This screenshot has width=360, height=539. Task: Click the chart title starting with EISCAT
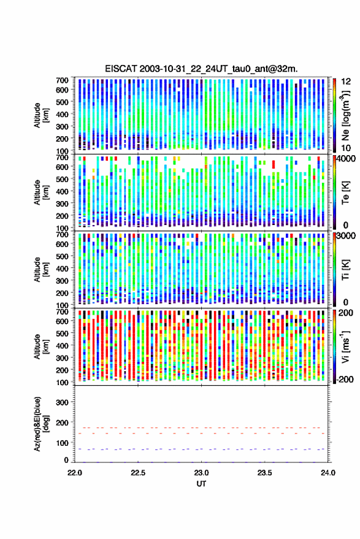coord(201,69)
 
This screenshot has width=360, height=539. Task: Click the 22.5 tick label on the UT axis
coord(138,473)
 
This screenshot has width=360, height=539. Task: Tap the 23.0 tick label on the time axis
coord(201,473)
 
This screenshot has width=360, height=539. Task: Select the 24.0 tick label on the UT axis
coord(327,473)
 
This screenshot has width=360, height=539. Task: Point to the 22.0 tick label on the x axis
coord(75,473)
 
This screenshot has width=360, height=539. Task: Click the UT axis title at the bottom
coord(201,484)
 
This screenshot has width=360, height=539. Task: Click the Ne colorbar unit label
coord(345,115)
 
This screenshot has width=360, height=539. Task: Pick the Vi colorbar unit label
coord(345,346)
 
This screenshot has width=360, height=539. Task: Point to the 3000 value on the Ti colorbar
coord(346,235)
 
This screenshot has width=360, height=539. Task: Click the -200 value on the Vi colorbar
coord(345,379)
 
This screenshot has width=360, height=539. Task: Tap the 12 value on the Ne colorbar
coord(346,81)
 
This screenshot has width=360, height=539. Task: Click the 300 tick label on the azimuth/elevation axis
coord(62,402)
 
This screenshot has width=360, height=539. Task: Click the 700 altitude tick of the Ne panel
coord(62,80)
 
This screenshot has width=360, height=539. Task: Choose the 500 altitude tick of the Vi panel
coord(62,333)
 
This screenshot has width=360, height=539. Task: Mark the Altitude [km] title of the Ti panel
coord(41,270)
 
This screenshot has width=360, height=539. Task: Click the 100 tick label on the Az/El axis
coord(62,443)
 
